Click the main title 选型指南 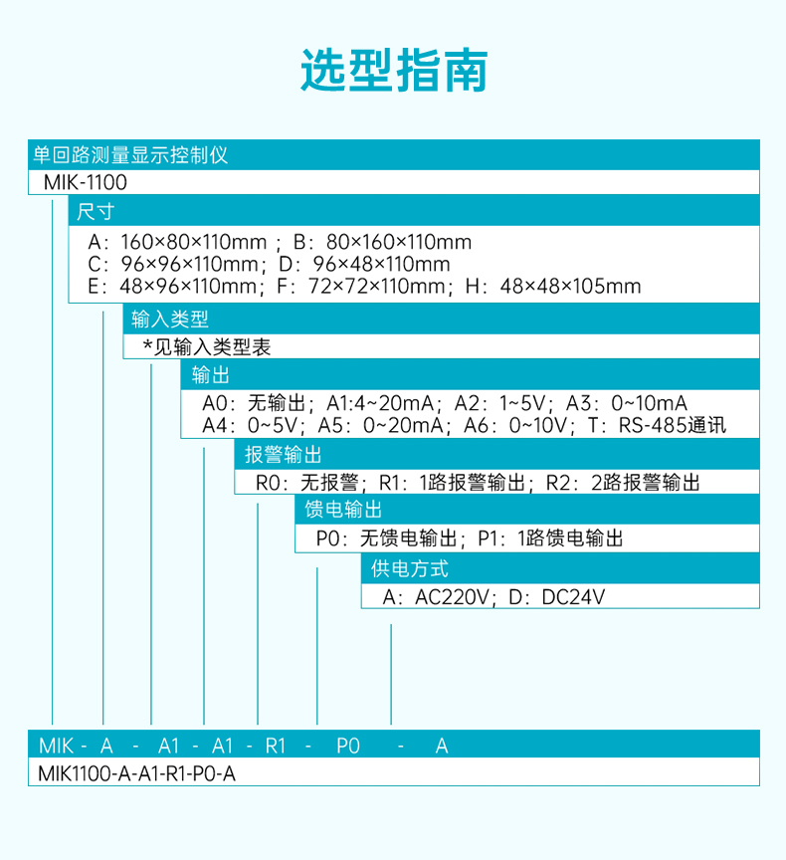(x=394, y=71)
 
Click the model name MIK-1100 (x=85, y=182)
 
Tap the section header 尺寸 (x=96, y=212)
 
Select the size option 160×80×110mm (x=193, y=242)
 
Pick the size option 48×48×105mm (x=570, y=286)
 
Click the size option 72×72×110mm (x=377, y=286)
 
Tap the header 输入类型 (x=170, y=319)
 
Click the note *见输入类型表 (x=207, y=346)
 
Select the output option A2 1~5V (x=500, y=403)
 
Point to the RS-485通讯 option (x=672, y=425)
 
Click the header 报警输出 (x=283, y=455)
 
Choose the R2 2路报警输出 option (x=623, y=483)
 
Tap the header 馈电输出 (x=343, y=510)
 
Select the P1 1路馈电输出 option (x=550, y=538)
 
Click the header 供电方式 (x=410, y=568)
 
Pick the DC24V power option (x=573, y=597)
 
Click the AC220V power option (x=451, y=597)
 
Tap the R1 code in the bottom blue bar (x=276, y=746)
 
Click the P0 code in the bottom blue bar (x=348, y=746)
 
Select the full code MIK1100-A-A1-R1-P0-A (x=137, y=773)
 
